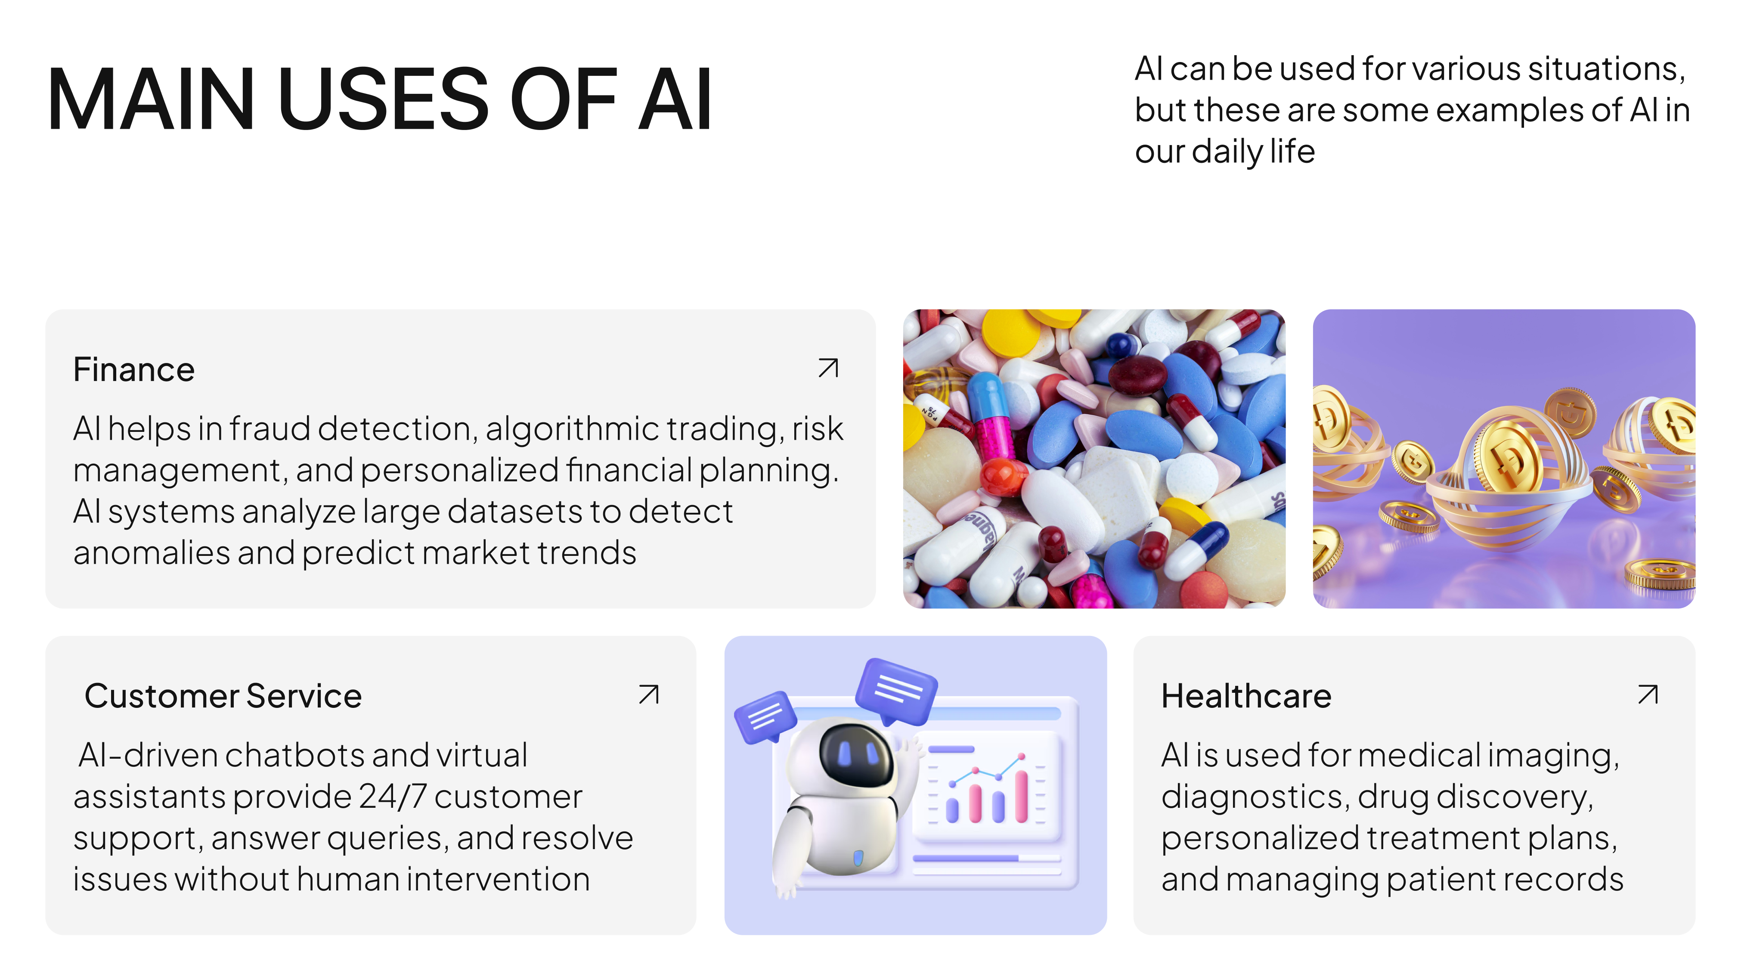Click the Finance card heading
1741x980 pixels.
coord(134,370)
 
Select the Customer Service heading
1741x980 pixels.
coord(223,696)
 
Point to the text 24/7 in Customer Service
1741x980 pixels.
coord(393,796)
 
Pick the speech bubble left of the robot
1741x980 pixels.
coord(766,716)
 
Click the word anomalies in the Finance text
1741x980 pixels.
coord(152,553)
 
